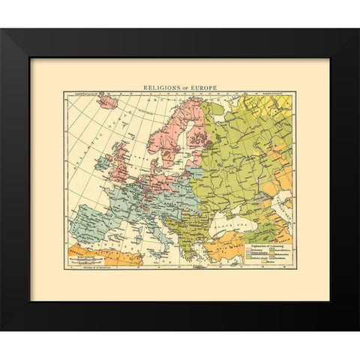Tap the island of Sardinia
pos(151,230)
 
